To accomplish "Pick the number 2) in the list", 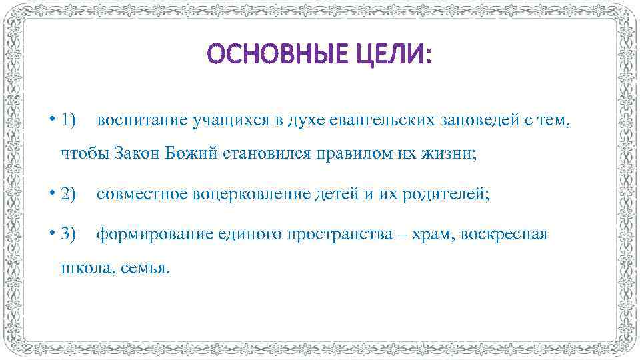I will tap(69, 194).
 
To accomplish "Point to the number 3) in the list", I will tap(69, 234).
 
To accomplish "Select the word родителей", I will tap(447, 194).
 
